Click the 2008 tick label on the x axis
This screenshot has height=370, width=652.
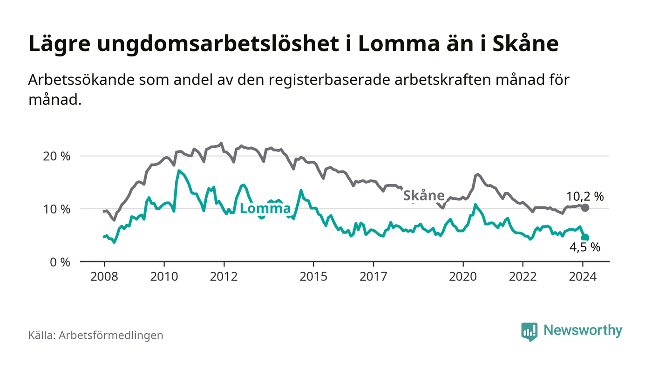tap(104, 276)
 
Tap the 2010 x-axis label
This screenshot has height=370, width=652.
tap(164, 276)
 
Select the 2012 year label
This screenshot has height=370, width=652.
tap(224, 276)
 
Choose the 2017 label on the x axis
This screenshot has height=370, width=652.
tap(374, 276)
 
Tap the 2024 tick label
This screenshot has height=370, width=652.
tap(583, 276)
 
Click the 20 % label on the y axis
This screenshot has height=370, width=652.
tap(56, 156)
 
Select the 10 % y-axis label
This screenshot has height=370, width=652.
tap(56, 209)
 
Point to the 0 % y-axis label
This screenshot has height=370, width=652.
tap(59, 262)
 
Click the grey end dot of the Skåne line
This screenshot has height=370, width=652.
tap(585, 207)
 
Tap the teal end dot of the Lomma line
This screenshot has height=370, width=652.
tap(585, 238)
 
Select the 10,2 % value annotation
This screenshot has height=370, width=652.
tap(585, 196)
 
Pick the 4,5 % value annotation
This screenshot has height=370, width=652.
tap(585, 248)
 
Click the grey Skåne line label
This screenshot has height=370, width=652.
tap(423, 195)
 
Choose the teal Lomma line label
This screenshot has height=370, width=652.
tap(265, 209)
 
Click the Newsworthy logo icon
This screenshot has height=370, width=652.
tap(529, 331)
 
